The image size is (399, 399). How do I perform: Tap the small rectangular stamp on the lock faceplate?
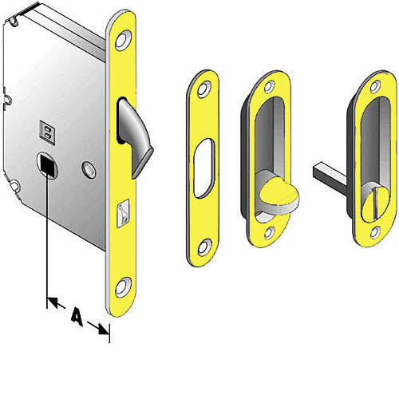coord(122,211)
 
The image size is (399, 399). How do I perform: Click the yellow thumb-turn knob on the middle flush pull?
coord(275,193)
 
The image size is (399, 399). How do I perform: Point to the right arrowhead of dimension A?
coord(103,326)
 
